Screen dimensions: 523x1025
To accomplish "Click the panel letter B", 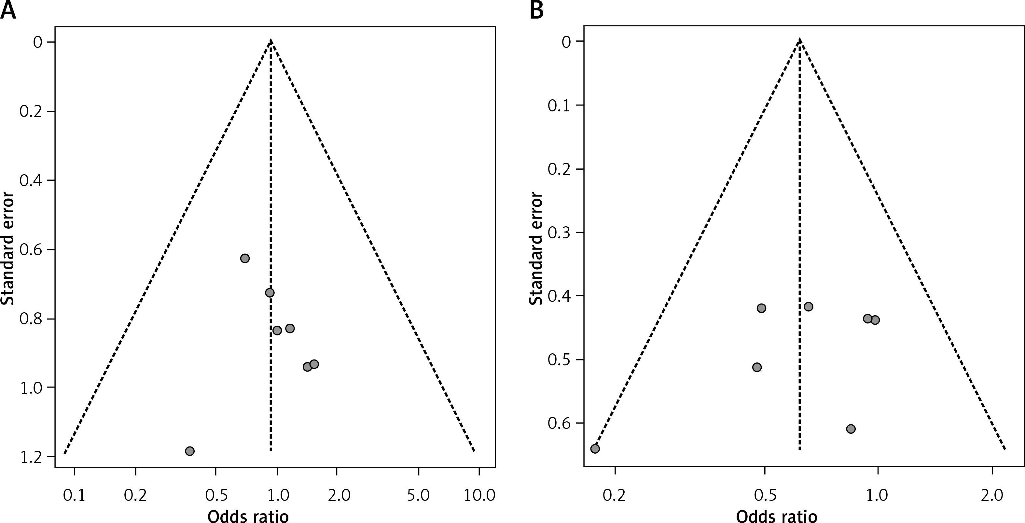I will pos(537,10).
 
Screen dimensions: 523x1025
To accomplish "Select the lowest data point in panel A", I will pos(190,451).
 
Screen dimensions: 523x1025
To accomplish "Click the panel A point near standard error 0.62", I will pos(245,258).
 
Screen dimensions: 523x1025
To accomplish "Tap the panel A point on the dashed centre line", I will pos(270,293).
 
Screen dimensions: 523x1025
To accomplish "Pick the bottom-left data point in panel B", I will pos(595,448).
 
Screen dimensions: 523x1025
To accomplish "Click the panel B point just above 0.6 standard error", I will pos(851,429).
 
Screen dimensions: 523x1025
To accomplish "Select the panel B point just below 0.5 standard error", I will pos(757,367).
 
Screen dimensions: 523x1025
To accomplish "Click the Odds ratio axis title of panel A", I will pos(248,516).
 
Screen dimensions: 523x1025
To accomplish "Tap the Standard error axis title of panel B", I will pos(536,249).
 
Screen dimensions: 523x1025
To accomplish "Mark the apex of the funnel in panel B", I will pos(800,40).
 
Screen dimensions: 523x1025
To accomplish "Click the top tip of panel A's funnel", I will pos(270,41).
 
